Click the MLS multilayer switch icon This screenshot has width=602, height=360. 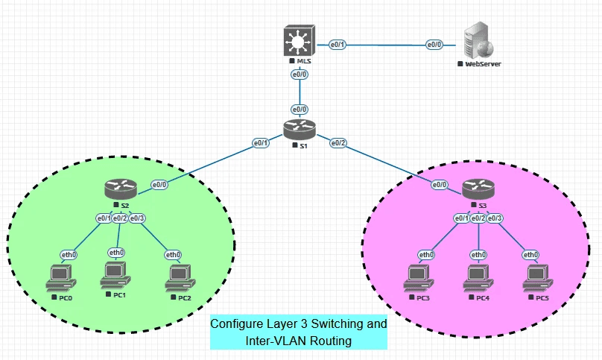point(300,41)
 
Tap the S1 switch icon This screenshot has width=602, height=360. point(300,130)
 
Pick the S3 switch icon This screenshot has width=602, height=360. point(478,190)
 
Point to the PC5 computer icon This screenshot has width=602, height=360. point(538,278)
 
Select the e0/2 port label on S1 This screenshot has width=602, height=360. point(338,142)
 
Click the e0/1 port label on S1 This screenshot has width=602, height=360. point(260,142)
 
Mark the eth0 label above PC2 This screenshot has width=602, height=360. point(173,254)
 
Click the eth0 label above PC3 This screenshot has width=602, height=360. point(425,254)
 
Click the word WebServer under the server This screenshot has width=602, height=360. point(483,64)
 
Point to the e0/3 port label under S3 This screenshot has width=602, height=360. point(495,218)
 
